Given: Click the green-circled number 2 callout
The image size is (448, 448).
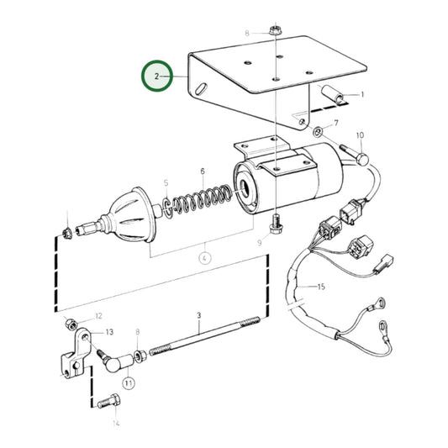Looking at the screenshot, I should tap(157, 76).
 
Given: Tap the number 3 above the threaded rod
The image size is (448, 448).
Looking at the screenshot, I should tap(199, 315).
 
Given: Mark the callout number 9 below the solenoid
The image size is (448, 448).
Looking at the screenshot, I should tap(259, 243).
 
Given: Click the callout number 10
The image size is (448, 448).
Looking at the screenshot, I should tap(359, 135).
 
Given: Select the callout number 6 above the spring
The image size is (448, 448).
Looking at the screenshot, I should tap(203, 171).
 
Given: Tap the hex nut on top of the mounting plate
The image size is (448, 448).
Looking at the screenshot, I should tap(276, 31).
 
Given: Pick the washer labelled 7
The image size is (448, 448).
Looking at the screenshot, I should tap(317, 132).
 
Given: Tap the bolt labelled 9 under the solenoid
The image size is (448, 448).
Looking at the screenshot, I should tap(276, 223).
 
